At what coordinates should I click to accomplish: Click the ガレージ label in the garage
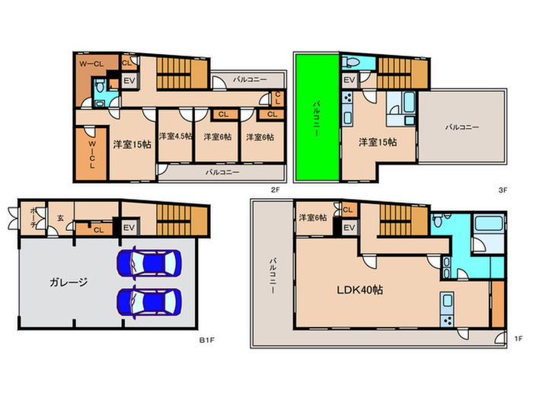pyautogui.click(x=69, y=282)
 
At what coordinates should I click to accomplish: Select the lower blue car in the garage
pyautogui.click(x=149, y=302)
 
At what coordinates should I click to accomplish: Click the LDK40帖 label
pyautogui.click(x=359, y=290)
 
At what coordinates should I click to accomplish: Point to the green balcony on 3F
pyautogui.click(x=318, y=117)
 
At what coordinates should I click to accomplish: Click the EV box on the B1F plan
pyautogui.click(x=129, y=227)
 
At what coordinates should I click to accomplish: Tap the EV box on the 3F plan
pyautogui.click(x=349, y=80)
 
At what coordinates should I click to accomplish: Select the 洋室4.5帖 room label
pyautogui.click(x=175, y=136)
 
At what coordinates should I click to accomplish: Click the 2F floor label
pyautogui.click(x=275, y=190)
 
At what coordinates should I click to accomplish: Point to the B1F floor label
pyautogui.click(x=206, y=340)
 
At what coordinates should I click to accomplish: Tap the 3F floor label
pyautogui.click(x=503, y=190)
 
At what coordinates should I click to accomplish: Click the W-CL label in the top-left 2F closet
pyautogui.click(x=91, y=63)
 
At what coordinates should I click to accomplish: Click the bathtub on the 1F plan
pyautogui.click(x=489, y=223)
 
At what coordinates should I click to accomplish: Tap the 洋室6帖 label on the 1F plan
pyautogui.click(x=313, y=217)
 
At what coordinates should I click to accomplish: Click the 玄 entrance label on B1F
pyautogui.click(x=60, y=218)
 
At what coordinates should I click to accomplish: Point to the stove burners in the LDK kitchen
pyautogui.click(x=448, y=321)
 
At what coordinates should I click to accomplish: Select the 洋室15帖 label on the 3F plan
pyautogui.click(x=378, y=142)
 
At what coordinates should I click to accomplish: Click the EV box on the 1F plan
pyautogui.click(x=349, y=228)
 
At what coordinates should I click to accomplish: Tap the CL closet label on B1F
pyautogui.click(x=98, y=230)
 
